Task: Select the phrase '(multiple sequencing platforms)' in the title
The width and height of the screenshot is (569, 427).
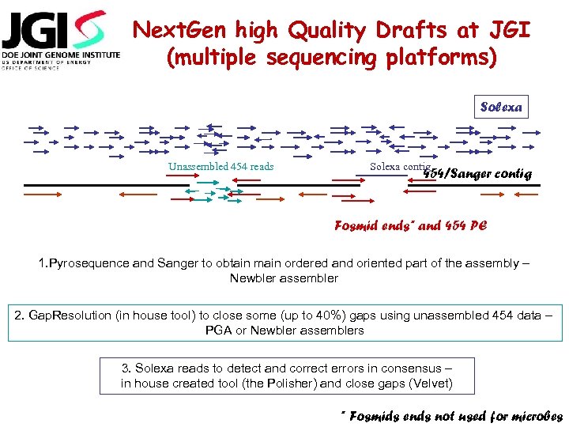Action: [x=331, y=58]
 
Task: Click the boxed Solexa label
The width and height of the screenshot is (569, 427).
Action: [x=501, y=107]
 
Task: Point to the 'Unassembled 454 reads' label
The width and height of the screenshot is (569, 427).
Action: [x=220, y=166]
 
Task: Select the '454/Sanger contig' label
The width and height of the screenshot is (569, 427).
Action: [x=479, y=173]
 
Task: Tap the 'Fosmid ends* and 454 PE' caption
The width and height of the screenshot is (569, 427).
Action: [x=411, y=225]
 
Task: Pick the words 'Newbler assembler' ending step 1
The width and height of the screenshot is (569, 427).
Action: [x=284, y=278]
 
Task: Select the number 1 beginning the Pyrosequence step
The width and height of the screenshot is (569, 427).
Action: [x=42, y=263]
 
